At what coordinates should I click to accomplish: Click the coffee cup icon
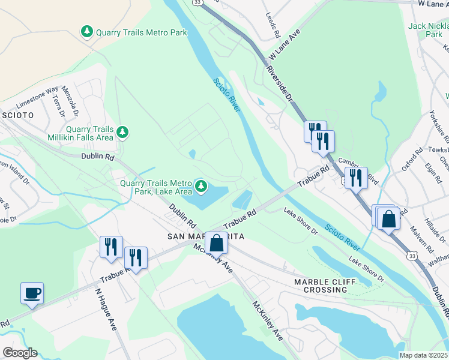(32, 293)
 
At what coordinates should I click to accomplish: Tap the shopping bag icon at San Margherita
(217, 244)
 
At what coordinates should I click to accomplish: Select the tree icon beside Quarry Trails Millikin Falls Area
(123, 131)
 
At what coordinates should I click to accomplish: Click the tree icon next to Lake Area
(201, 187)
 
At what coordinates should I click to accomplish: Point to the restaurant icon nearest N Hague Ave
(111, 247)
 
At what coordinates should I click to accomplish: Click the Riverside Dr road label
(280, 84)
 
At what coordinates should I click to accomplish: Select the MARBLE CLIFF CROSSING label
(321, 286)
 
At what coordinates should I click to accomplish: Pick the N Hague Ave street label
(105, 311)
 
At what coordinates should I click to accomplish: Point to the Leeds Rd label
(272, 20)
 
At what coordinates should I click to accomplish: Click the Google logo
(19, 353)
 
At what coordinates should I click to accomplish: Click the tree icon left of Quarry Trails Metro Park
(87, 31)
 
